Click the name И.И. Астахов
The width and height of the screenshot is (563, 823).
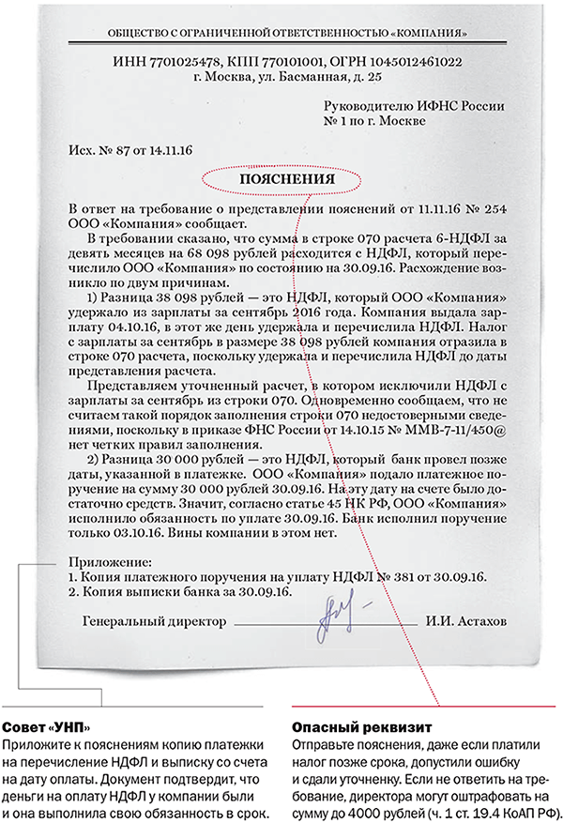pos(465,621)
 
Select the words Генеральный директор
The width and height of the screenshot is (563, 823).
pos(155,621)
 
